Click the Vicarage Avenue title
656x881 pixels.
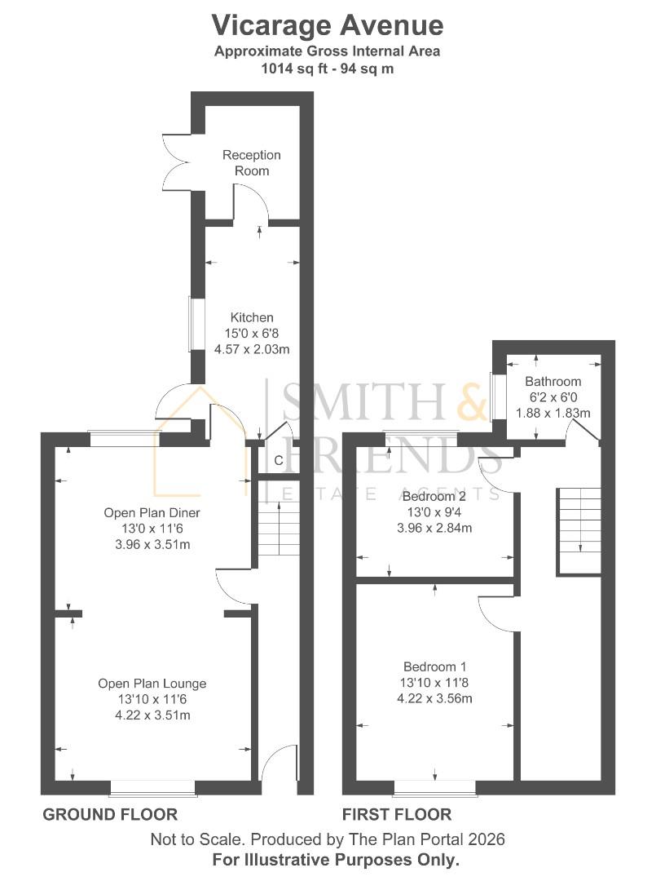pyautogui.click(x=328, y=25)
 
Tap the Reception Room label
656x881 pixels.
pyautogui.click(x=252, y=163)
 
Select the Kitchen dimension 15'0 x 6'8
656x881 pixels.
pyautogui.click(x=251, y=334)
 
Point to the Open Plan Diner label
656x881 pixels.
pyautogui.click(x=152, y=513)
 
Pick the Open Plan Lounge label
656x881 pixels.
pyautogui.click(x=152, y=684)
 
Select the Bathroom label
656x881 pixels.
pyautogui.click(x=553, y=382)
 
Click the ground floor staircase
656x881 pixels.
pyautogui.click(x=279, y=529)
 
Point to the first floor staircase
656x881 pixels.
pyautogui.click(x=579, y=530)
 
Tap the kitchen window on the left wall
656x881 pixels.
pyautogui.click(x=194, y=324)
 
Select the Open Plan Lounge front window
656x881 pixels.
pyautogui.click(x=153, y=787)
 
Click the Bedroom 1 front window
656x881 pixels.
pyautogui.click(x=434, y=787)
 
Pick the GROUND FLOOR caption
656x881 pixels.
pyautogui.click(x=110, y=814)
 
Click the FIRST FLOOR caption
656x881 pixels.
pyautogui.click(x=397, y=814)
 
